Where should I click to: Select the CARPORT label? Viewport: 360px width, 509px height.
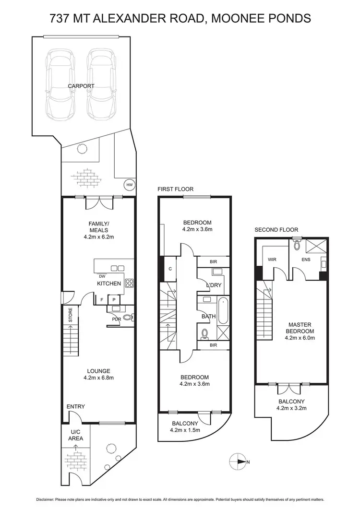[81, 86]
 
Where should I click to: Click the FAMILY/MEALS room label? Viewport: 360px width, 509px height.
[98, 229]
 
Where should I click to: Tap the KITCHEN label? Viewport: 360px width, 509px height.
[109, 284]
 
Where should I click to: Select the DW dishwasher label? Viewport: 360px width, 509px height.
[102, 276]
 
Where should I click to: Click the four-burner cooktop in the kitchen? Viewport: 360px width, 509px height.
[129, 283]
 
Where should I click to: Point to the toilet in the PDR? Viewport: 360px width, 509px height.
[128, 317]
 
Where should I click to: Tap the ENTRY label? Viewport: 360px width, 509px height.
[76, 407]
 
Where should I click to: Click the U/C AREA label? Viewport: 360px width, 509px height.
[75, 435]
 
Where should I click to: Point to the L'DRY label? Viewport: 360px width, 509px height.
[213, 286]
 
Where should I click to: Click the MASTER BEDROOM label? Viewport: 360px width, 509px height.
[300, 328]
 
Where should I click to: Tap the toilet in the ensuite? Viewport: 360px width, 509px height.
[297, 246]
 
